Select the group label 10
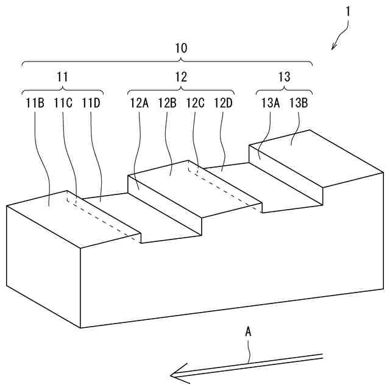[181, 48]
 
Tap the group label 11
[62, 77]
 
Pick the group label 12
[181, 77]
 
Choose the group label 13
[284, 77]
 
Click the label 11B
[35, 102]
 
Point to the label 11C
[63, 102]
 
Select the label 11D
[91, 102]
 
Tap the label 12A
[139, 102]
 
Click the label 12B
[167, 102]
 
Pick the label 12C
[195, 102]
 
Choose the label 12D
[223, 102]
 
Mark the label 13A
[271, 102]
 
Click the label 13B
[299, 102]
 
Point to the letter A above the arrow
[248, 332]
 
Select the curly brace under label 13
[284, 90]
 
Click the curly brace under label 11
[62, 90]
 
